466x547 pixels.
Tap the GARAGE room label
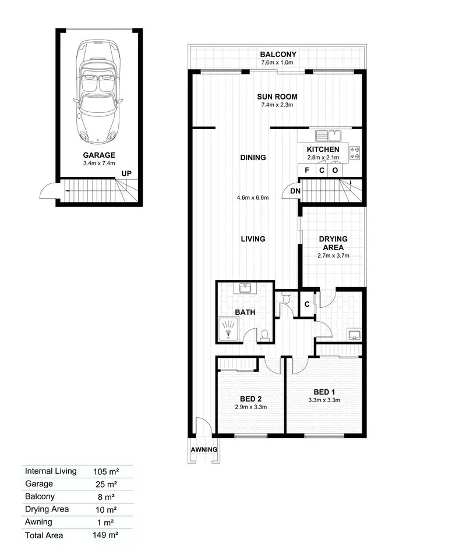coord(98,155)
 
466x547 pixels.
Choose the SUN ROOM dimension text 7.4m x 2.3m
coord(278,105)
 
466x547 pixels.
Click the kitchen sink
coord(327,136)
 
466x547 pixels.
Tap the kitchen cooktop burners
coord(355,152)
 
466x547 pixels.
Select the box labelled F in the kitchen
coord(306,171)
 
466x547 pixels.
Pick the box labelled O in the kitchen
coord(335,171)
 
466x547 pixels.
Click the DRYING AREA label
coord(333,243)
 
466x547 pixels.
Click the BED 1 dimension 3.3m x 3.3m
coord(324,400)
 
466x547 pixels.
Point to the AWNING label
coord(204,450)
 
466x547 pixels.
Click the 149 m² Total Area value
coord(105,535)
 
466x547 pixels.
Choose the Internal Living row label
coord(51,471)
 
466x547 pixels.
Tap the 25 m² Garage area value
coord(105,484)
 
